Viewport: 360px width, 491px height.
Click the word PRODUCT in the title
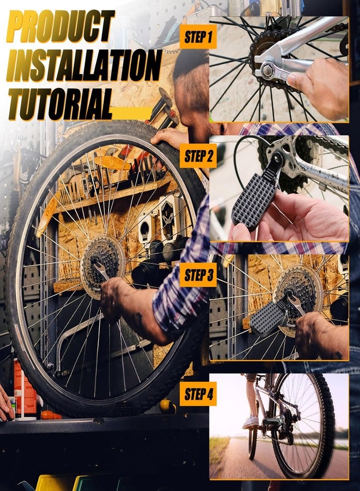(61, 26)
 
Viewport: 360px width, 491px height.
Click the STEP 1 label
(198, 37)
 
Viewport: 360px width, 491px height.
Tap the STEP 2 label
(198, 156)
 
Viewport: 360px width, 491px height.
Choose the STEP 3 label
(198, 274)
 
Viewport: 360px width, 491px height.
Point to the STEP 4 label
(198, 394)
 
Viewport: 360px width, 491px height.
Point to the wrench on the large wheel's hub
(101, 270)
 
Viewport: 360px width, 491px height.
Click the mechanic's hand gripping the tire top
(169, 138)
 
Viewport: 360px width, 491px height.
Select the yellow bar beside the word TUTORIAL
(131, 113)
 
